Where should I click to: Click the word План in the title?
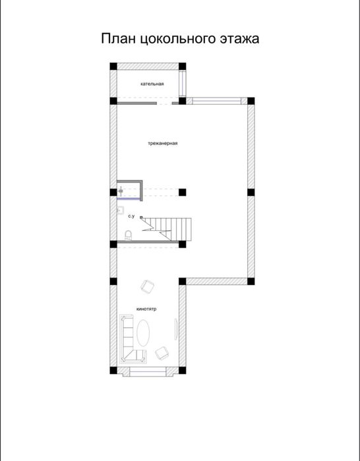(x=118, y=38)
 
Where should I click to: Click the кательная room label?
(x=152, y=84)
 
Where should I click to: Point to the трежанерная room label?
(x=162, y=144)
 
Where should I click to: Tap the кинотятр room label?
(x=146, y=309)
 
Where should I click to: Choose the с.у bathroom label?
(x=131, y=216)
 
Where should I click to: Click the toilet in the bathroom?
(x=128, y=235)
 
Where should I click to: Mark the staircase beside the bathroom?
(x=166, y=229)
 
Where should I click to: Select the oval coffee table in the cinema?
(x=143, y=333)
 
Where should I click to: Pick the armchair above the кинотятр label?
(x=148, y=286)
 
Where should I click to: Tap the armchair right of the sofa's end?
(x=162, y=353)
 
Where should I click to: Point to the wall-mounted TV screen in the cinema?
(x=176, y=329)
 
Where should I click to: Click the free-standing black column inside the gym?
(x=182, y=193)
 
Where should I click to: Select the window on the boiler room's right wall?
(x=183, y=84)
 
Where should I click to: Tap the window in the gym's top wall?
(x=216, y=101)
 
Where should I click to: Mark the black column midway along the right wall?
(x=251, y=193)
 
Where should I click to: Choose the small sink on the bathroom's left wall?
(x=120, y=210)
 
